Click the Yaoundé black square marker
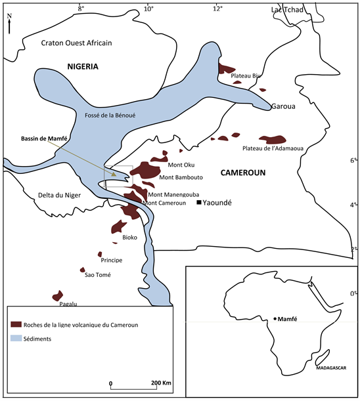(198, 203)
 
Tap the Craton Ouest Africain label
(77, 43)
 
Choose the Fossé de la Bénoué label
(110, 115)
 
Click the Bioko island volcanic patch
(118, 227)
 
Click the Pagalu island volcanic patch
(57, 296)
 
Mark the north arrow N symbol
(9, 25)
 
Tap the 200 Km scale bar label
(161, 383)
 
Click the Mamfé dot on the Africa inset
(275, 318)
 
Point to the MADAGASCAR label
(330, 369)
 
